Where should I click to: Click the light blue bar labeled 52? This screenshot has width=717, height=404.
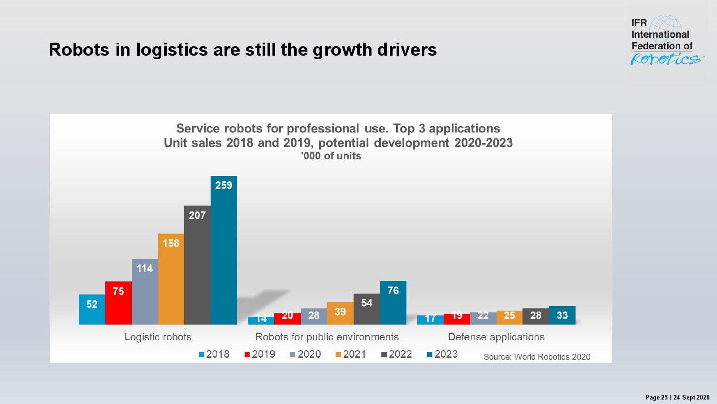[92, 309]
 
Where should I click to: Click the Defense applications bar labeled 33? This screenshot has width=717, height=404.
[562, 315]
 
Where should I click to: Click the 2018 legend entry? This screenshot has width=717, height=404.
[214, 354]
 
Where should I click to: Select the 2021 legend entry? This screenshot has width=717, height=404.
[351, 354]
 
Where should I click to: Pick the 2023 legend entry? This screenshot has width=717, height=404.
[442, 354]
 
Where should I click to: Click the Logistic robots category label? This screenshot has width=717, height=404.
[158, 337]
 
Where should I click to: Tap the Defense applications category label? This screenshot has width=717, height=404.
[496, 337]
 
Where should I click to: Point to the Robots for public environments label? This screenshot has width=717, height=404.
[327, 337]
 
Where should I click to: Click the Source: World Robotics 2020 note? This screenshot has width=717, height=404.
[537, 357]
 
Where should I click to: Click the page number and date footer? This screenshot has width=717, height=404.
[677, 397]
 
